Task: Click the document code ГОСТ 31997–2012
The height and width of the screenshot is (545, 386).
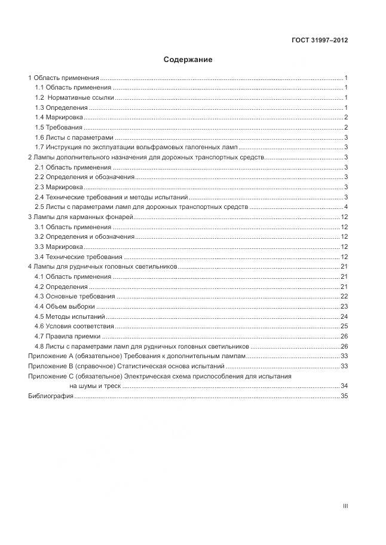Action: [x=320, y=41]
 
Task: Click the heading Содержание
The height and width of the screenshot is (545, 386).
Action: [x=188, y=60]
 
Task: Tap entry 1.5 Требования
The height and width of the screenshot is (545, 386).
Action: [x=59, y=128]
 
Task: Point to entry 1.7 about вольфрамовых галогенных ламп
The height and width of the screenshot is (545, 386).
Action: [x=136, y=147]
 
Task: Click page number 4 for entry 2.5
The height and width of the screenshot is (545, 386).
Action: [x=346, y=207]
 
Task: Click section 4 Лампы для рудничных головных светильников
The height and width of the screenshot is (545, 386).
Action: [x=103, y=267]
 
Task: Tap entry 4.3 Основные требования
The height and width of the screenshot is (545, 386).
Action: [x=75, y=297]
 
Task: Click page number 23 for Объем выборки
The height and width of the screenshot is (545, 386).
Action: [x=344, y=307]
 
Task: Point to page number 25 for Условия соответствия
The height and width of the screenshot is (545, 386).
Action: [x=344, y=327]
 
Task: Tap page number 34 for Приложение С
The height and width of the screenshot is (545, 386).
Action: [x=344, y=386]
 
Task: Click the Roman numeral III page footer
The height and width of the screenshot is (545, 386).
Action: [x=345, y=506]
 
